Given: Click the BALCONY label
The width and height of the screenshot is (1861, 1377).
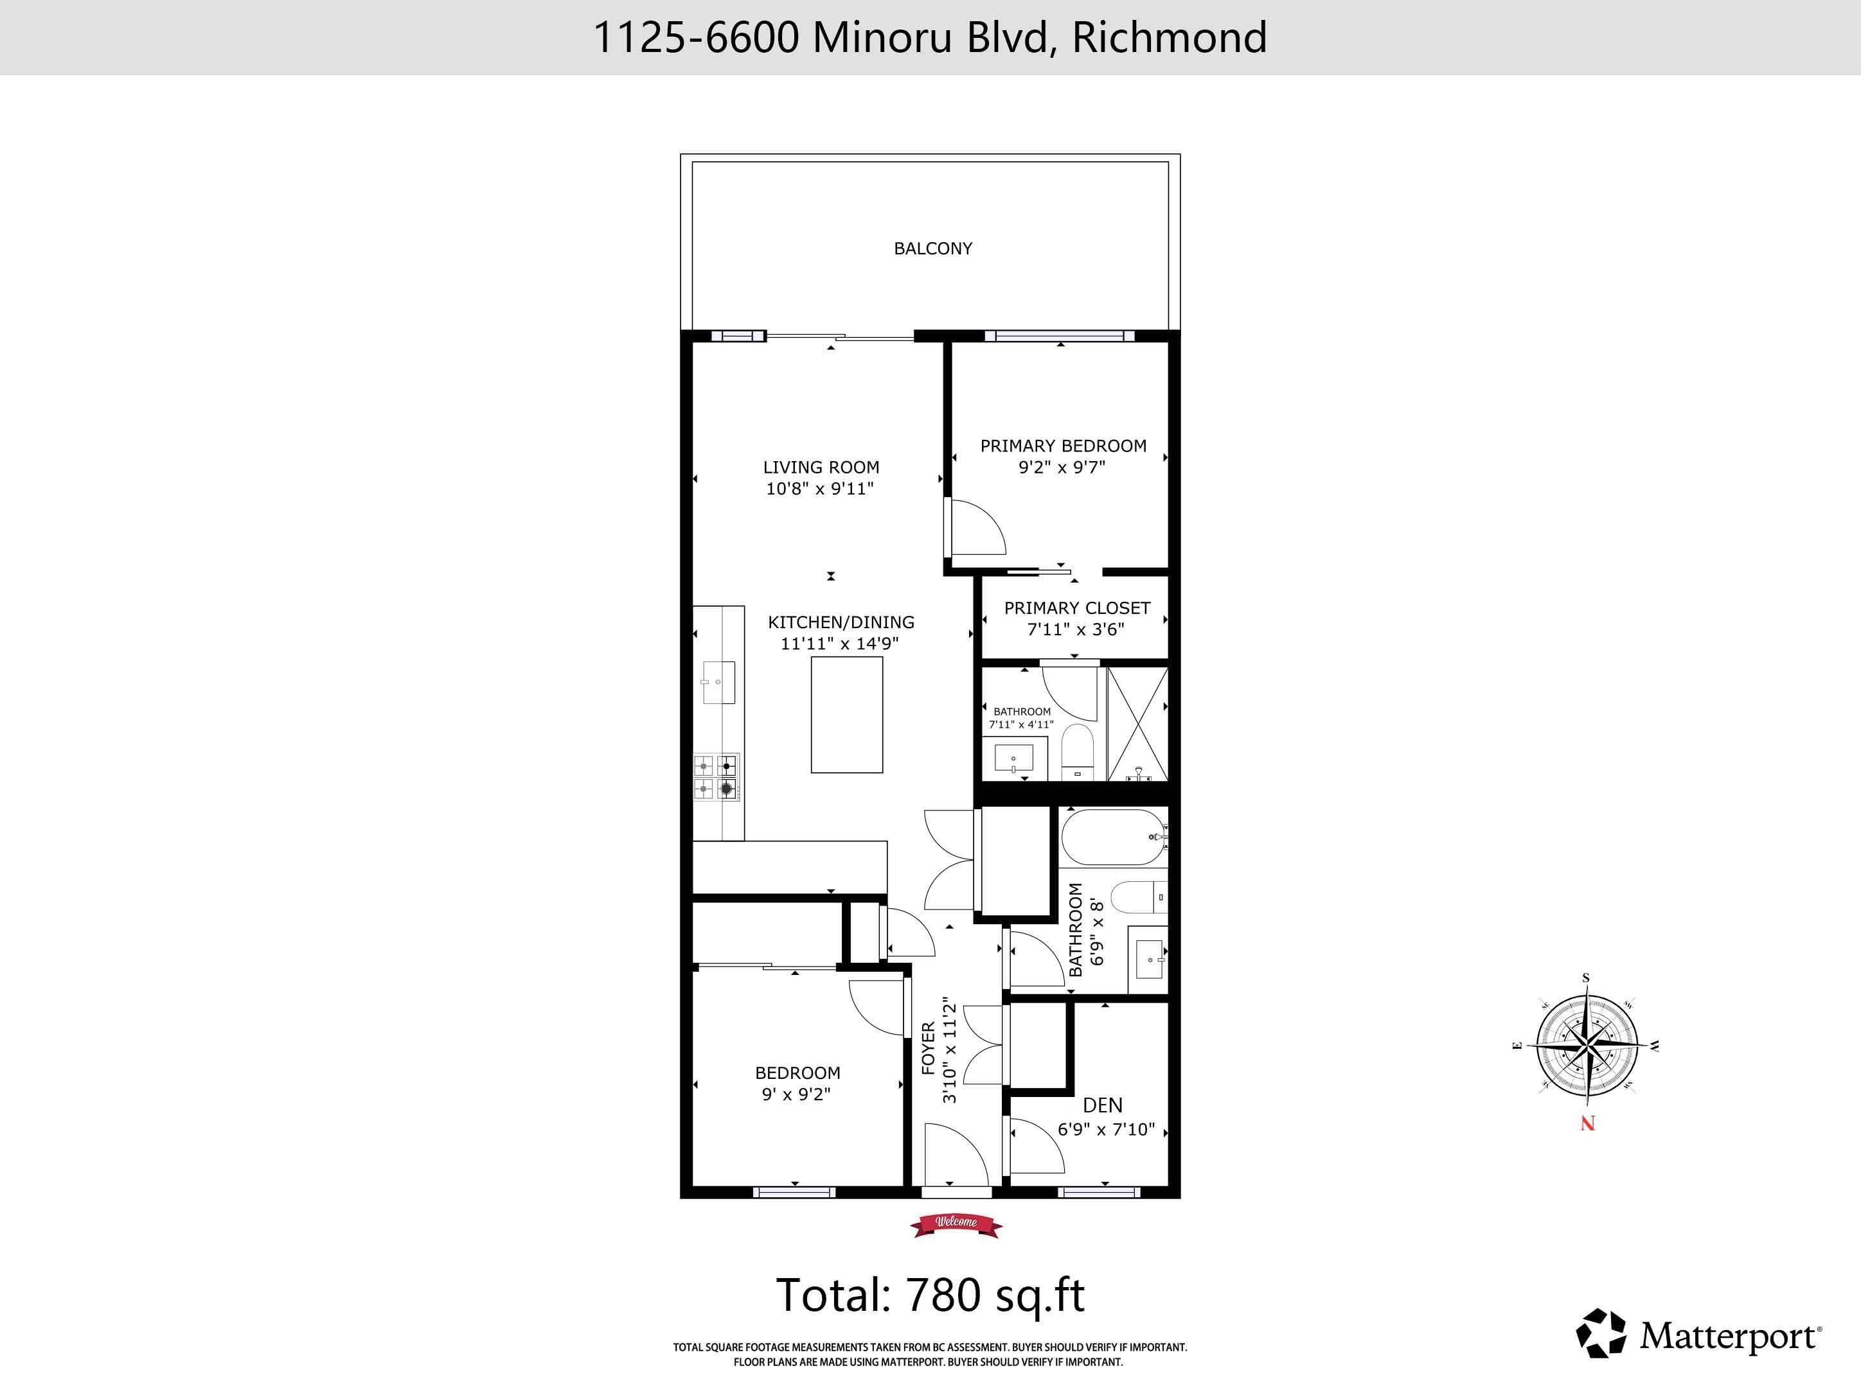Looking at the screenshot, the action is (x=932, y=249).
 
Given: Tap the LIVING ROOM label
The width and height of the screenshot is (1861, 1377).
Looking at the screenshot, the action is (x=821, y=468).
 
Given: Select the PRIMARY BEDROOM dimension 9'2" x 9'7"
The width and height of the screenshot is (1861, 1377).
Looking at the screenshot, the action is (x=1062, y=468).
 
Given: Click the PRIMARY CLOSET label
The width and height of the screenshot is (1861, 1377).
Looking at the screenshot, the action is (x=1076, y=608).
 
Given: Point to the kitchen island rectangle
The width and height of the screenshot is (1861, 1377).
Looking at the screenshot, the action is (x=846, y=714).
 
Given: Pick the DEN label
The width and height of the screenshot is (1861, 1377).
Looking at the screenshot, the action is (x=1102, y=1105).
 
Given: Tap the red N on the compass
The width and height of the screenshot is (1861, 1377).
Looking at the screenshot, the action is (x=1587, y=1123).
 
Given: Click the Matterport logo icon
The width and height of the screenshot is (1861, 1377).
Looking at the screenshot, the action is (x=1601, y=1332).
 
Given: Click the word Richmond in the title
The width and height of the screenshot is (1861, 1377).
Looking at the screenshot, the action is (x=1169, y=37).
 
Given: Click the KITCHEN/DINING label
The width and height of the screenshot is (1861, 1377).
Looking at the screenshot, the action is (x=841, y=622).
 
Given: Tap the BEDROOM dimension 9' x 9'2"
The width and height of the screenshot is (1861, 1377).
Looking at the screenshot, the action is (x=796, y=1094).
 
